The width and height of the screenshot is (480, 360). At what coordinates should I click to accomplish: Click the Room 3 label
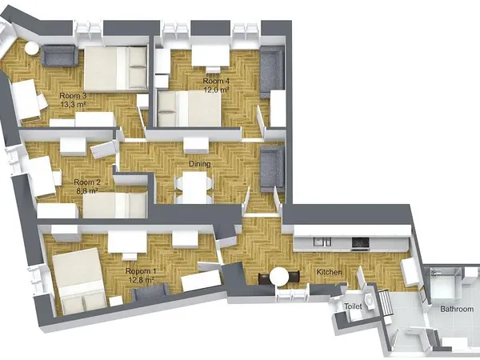tap(73, 96)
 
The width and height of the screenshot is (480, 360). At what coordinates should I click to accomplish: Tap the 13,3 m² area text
tap(73, 105)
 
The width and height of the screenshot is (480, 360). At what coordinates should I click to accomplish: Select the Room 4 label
tap(216, 81)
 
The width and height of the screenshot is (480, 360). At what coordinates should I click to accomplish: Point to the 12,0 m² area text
tap(216, 90)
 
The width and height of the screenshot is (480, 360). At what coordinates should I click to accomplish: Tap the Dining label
tap(200, 164)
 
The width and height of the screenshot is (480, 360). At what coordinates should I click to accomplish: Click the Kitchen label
tap(330, 273)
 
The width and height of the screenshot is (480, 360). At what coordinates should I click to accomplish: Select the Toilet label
tap(353, 306)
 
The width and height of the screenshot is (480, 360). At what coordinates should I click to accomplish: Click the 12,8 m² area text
tap(142, 280)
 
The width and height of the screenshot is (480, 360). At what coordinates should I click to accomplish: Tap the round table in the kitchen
tap(280, 277)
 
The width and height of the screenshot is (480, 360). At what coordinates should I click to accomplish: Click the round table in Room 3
tap(33, 48)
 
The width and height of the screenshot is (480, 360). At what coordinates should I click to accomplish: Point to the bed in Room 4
tap(190, 106)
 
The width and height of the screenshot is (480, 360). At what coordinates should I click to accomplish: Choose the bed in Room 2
tap(114, 205)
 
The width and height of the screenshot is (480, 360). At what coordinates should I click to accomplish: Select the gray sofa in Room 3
tap(58, 56)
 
